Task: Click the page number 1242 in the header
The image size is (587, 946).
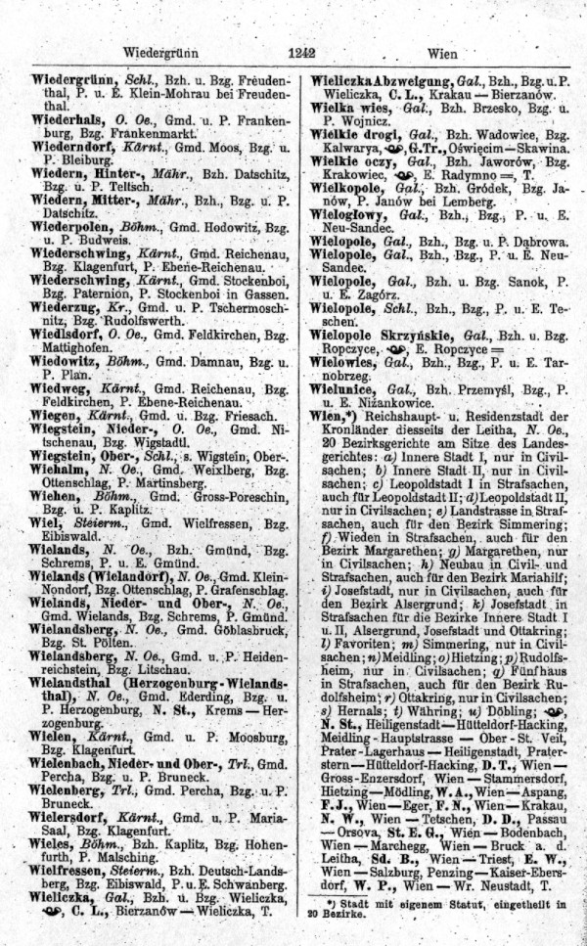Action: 293,54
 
